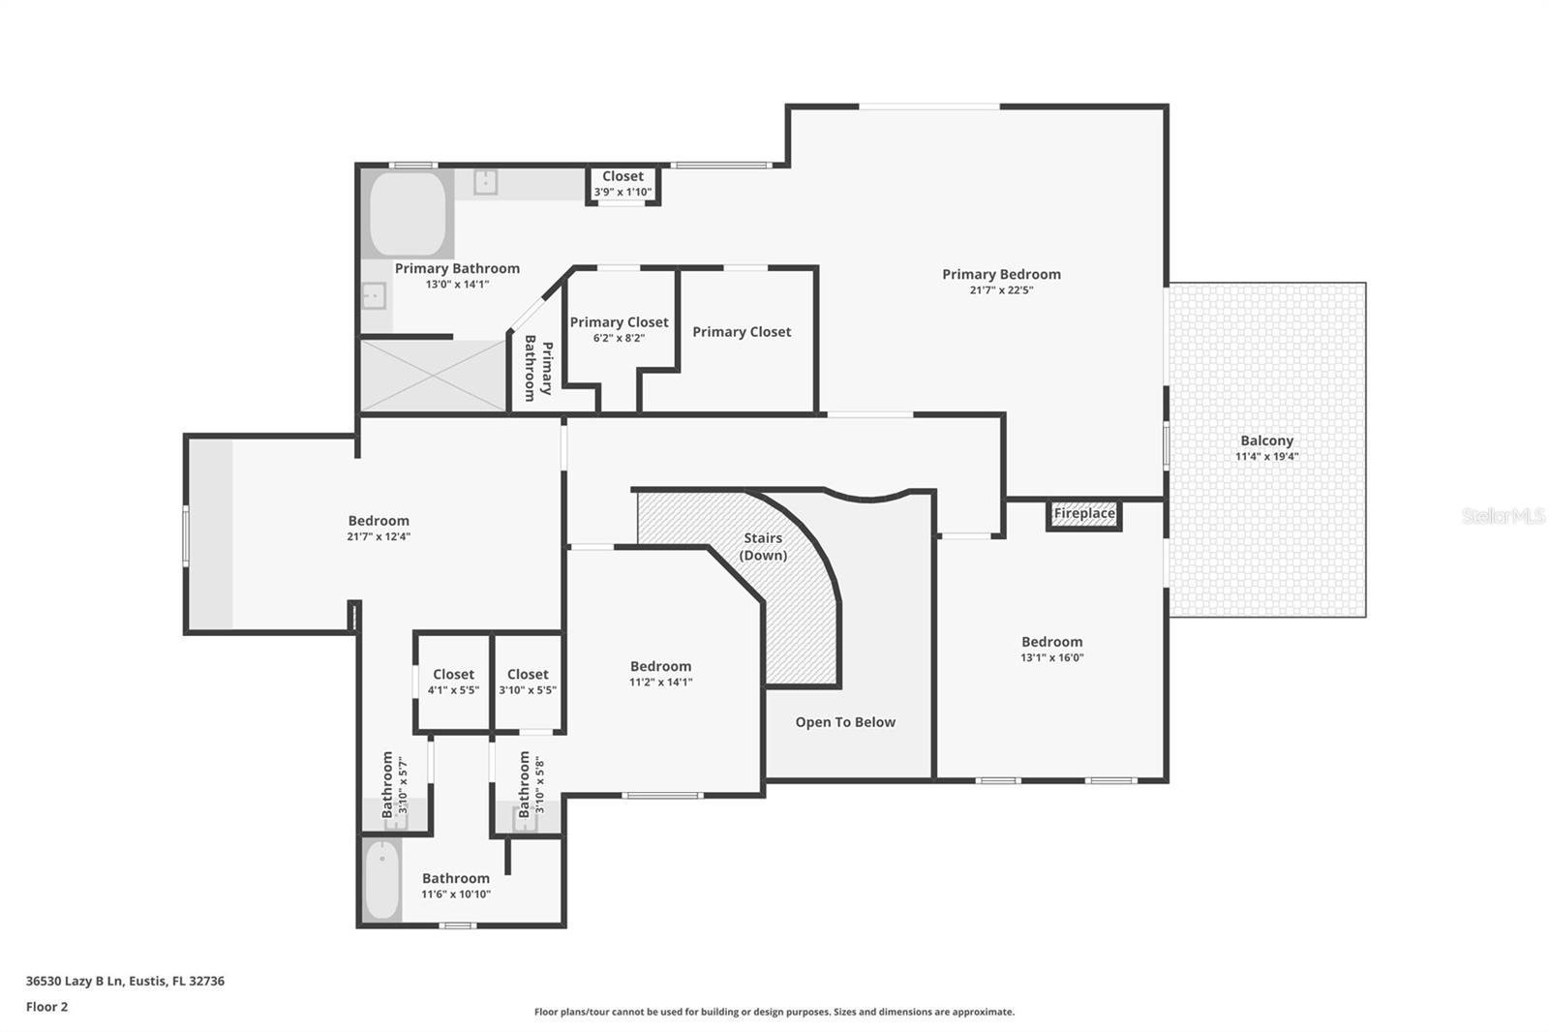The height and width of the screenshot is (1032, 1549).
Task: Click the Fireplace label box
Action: pyautogui.click(x=1083, y=514)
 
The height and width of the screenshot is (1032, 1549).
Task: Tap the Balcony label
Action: pyautogui.click(x=1266, y=440)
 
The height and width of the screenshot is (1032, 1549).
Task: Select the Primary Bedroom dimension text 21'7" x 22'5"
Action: pyautogui.click(x=1001, y=290)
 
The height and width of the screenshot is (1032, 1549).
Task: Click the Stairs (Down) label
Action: pyautogui.click(x=763, y=546)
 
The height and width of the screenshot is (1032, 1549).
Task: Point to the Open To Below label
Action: pyautogui.click(x=845, y=722)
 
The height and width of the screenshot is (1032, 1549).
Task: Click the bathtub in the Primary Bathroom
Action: pyautogui.click(x=408, y=214)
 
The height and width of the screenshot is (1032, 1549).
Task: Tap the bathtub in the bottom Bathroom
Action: pyautogui.click(x=381, y=880)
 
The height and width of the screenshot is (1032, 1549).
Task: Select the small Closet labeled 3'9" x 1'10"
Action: pyautogui.click(x=623, y=184)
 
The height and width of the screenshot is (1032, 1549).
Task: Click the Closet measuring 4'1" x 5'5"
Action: pyautogui.click(x=453, y=682)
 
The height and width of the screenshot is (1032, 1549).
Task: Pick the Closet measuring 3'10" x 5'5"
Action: pyautogui.click(x=528, y=682)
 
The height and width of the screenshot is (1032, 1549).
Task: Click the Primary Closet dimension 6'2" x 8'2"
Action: pyautogui.click(x=619, y=338)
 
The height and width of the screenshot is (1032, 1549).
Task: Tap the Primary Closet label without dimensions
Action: pyautogui.click(x=742, y=332)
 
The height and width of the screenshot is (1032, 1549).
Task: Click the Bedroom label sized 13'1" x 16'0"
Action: pyautogui.click(x=1051, y=642)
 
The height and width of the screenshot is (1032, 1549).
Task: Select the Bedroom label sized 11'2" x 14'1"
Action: pyautogui.click(x=660, y=666)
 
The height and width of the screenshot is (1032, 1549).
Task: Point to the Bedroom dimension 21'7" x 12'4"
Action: pyautogui.click(x=379, y=536)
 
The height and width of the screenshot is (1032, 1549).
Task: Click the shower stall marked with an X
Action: pyautogui.click(x=433, y=376)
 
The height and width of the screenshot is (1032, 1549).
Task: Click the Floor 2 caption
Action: pyautogui.click(x=46, y=1007)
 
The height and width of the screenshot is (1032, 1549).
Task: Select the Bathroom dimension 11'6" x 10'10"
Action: pyautogui.click(x=455, y=895)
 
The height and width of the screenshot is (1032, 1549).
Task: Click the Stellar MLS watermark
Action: pyautogui.click(x=1503, y=516)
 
